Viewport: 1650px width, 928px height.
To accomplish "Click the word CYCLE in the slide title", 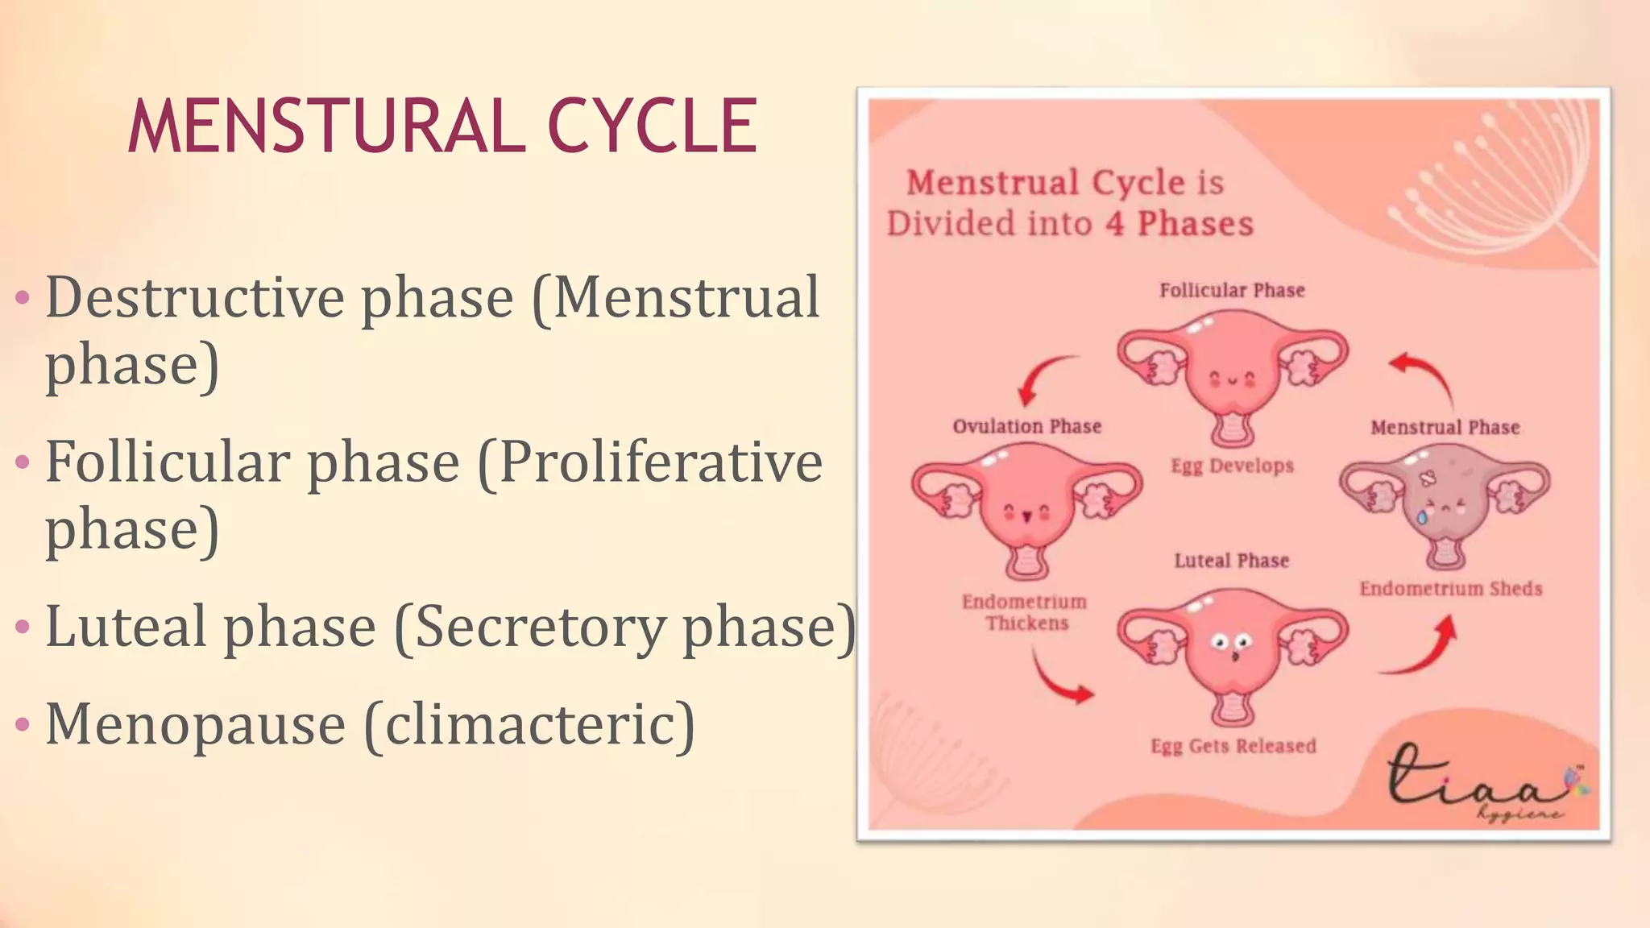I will click(652, 126).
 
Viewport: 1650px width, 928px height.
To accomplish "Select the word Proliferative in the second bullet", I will click(661, 463).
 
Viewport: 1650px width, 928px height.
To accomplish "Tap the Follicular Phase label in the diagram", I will click(1232, 291).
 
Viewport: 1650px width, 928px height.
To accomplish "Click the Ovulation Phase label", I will click(1026, 427).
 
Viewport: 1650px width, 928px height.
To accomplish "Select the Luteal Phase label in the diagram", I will click(1231, 561).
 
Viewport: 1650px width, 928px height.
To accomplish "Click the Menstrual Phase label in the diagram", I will click(1445, 428).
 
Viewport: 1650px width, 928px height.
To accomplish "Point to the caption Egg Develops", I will click(1232, 466).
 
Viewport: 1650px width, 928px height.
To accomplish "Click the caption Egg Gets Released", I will click(1233, 747).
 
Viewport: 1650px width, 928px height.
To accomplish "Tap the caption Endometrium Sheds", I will click(1450, 589).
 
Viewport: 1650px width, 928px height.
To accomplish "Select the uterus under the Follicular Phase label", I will click(1232, 375).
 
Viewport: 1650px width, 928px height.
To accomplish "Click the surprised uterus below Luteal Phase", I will click(1232, 652).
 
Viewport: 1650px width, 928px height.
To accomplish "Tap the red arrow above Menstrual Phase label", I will click(1424, 379).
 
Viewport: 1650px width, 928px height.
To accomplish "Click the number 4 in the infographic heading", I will click(1114, 224).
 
